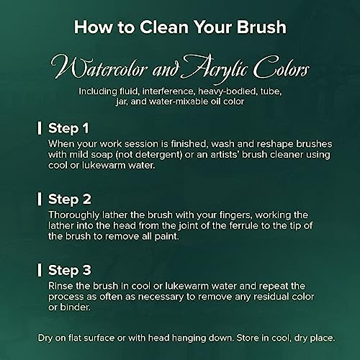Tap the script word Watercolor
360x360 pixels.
click(99, 68)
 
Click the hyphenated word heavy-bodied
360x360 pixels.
click(227, 91)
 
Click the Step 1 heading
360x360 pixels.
click(68, 128)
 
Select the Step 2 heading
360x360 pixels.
click(70, 199)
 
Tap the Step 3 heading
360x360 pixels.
click(70, 270)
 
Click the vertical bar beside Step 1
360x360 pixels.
click(40, 128)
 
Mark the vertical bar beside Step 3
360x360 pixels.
click(40, 270)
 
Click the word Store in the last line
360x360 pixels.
click(248, 338)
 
